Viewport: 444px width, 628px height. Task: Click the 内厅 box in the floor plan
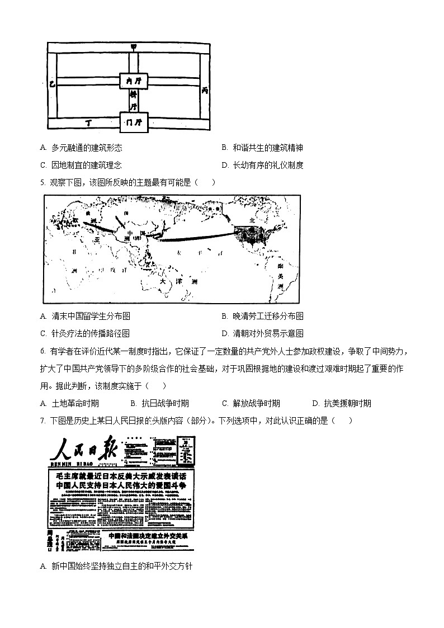(134, 82)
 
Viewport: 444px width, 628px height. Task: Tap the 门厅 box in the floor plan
(134, 121)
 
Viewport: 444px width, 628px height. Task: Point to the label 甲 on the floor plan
(133, 46)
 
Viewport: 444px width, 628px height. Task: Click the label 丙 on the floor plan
(205, 89)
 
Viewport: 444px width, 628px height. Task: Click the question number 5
(44, 182)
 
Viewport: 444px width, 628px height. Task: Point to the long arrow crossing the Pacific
(196, 237)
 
